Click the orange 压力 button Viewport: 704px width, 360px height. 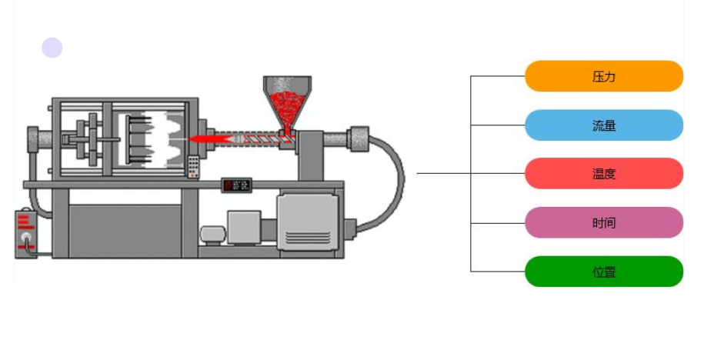coord(604,76)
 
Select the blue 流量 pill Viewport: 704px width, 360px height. coord(604,125)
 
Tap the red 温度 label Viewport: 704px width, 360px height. coord(604,174)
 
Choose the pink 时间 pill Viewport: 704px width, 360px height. coord(604,223)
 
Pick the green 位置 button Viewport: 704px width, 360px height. coord(604,272)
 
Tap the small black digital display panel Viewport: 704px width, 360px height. coord(238,185)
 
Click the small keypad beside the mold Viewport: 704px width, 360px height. coord(193,166)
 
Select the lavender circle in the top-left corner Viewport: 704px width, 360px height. coord(52,48)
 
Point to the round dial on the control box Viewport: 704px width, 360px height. coord(28,245)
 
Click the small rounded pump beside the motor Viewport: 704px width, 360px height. coord(212,234)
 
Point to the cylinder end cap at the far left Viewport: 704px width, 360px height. coord(34,139)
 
